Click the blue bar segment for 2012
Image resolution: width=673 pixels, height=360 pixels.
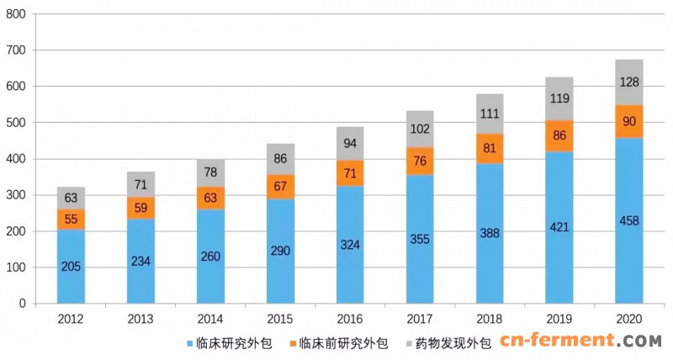(72, 266)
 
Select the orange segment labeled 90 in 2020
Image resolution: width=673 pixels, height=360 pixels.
(629, 120)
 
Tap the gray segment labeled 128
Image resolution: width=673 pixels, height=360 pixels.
(629, 82)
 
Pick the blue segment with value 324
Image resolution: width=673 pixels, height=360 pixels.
(350, 245)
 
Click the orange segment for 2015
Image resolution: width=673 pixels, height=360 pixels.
(280, 187)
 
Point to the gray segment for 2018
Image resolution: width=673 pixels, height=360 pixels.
(490, 114)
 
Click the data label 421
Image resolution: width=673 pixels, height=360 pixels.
(559, 227)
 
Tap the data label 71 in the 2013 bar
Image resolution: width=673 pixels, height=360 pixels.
(140, 184)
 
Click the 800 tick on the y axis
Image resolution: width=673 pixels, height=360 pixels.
(16, 14)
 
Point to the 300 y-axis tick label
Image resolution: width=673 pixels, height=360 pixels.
(16, 195)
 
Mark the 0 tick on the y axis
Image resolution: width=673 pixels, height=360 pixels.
(24, 304)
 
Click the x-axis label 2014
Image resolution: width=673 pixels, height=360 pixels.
(210, 320)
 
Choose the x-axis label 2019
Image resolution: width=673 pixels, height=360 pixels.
(559, 320)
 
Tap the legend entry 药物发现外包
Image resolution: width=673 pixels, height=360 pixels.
(448, 343)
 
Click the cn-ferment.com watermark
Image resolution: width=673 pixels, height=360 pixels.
(580, 341)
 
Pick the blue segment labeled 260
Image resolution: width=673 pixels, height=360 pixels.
(210, 257)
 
